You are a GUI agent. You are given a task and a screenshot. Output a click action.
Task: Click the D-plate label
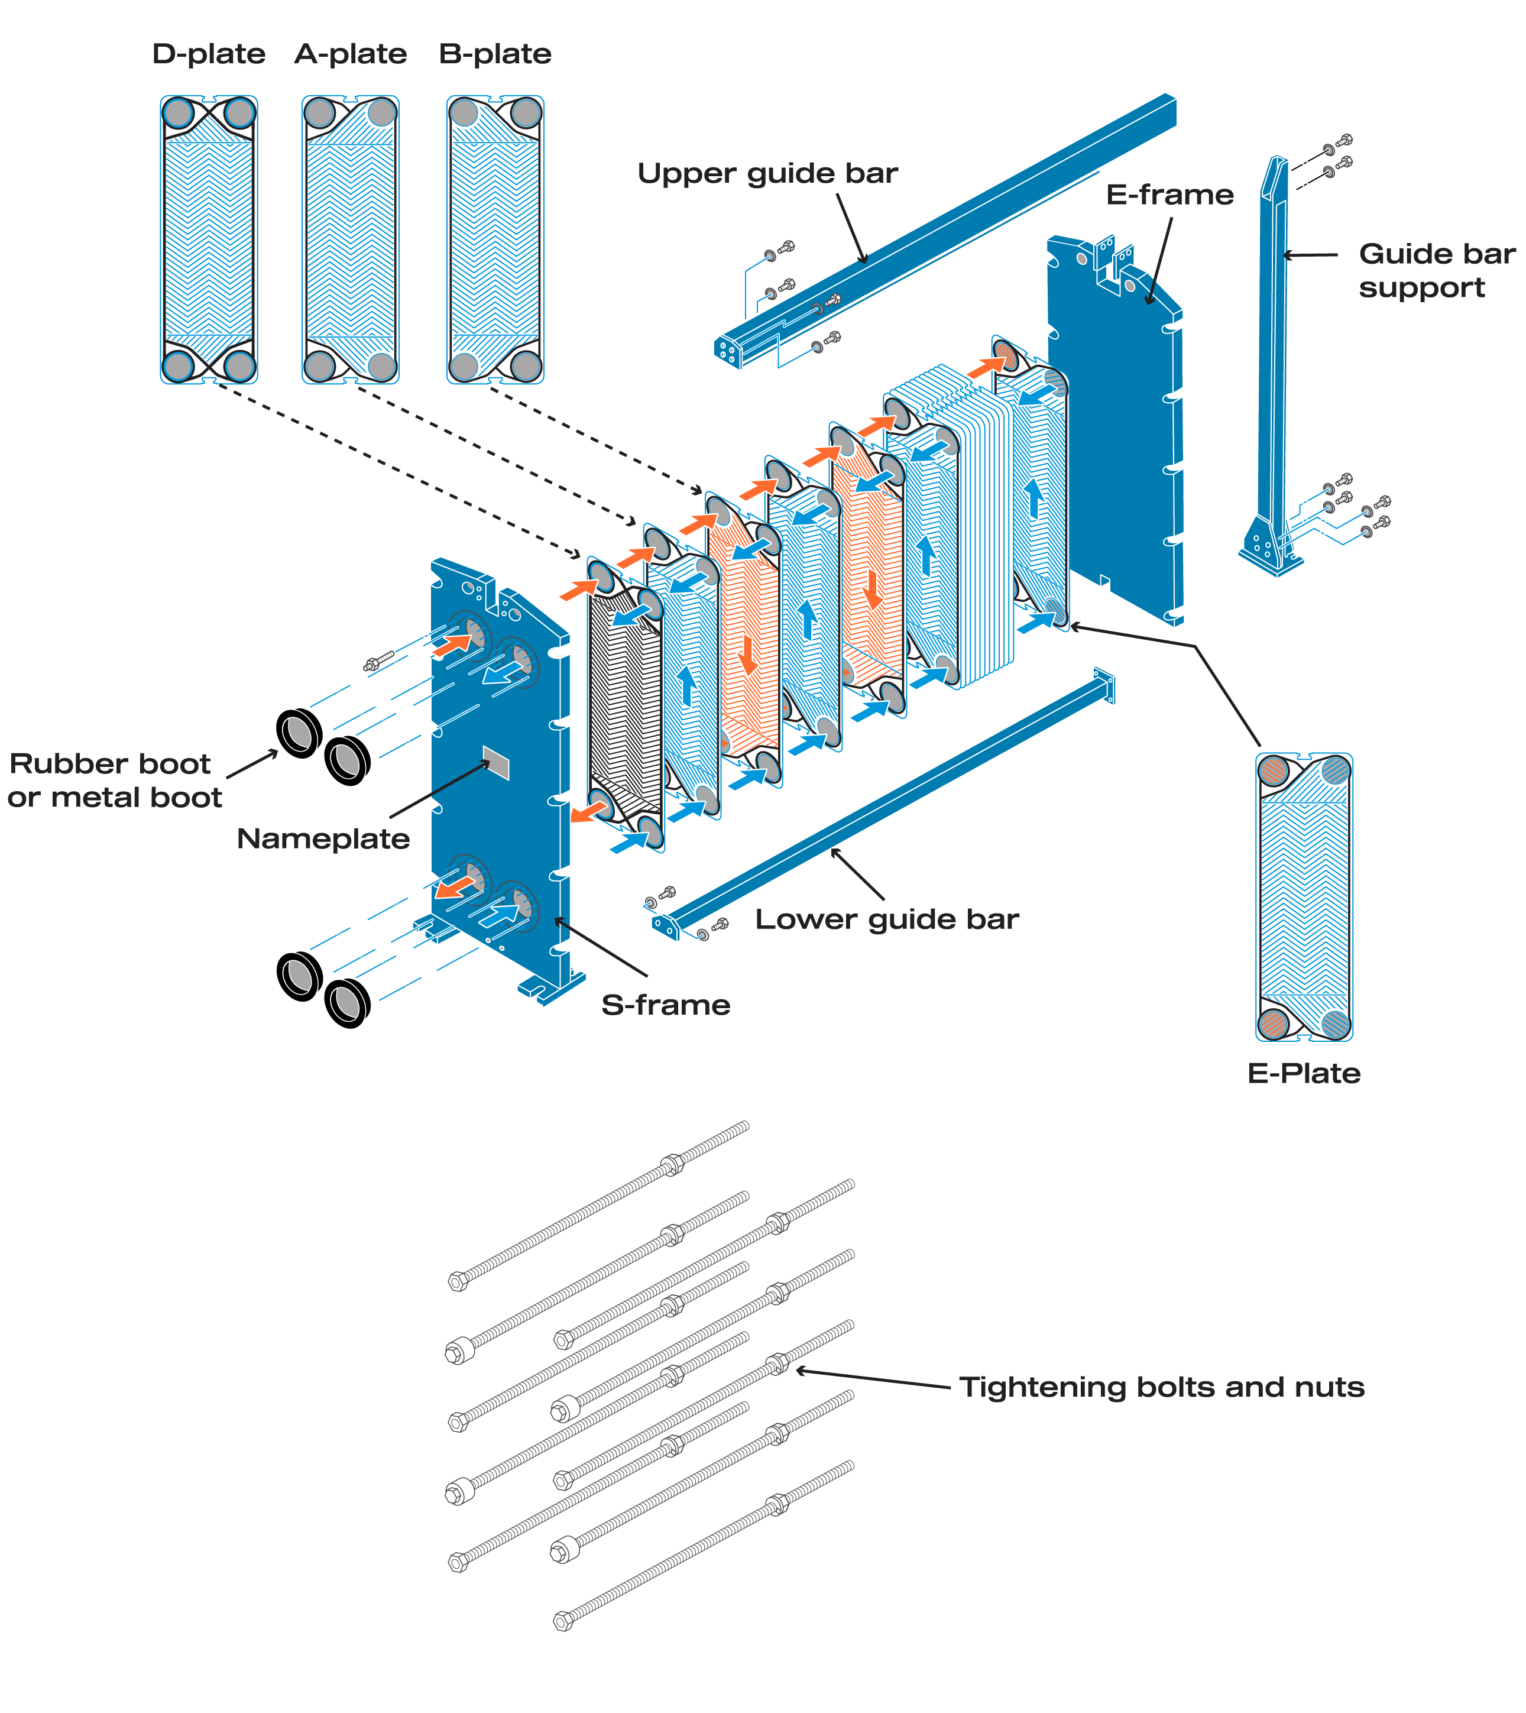pos(209,54)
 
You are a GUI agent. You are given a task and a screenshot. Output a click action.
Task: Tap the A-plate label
pos(351,54)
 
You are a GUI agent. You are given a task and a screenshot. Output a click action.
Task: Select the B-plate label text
pos(495,54)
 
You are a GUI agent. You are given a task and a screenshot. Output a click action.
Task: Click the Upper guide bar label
pos(767,174)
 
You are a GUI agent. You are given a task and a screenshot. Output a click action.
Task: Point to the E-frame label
pos(1169,195)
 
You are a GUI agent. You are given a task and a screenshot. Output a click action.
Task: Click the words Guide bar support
pos(1436,270)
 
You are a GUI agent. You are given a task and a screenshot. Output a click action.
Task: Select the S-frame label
pos(666,1005)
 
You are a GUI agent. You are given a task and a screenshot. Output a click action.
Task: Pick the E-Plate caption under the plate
pos(1304,1074)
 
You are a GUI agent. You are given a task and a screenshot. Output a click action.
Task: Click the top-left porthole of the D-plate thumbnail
pos(179,112)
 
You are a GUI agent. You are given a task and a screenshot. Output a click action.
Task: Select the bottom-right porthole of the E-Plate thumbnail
pos(1336,1024)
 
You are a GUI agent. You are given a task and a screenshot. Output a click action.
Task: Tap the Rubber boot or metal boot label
pos(114,781)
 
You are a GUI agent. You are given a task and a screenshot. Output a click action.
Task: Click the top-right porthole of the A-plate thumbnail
pos(381,112)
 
